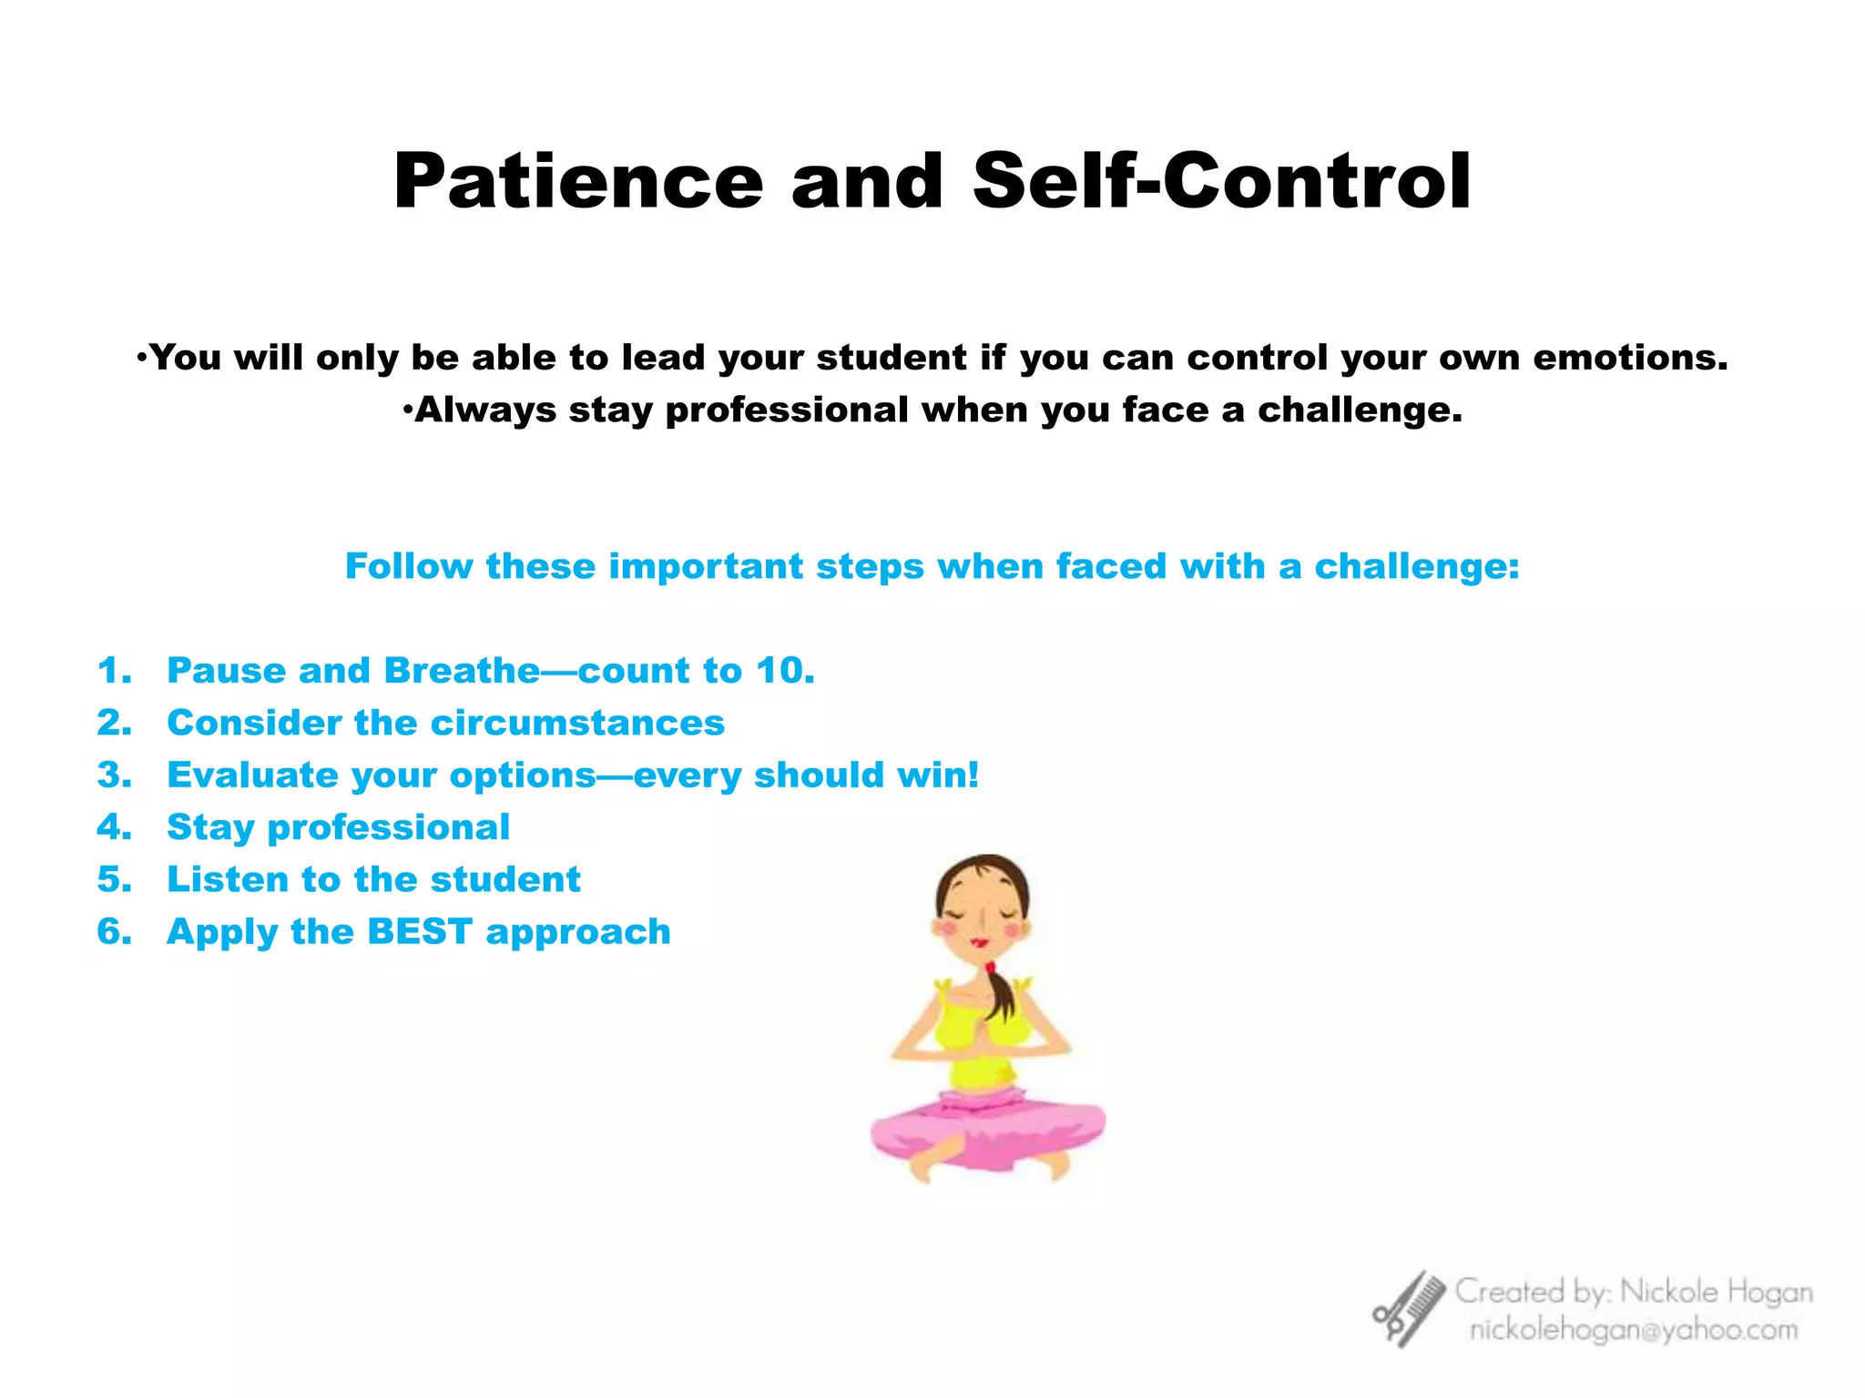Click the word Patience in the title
[577, 182]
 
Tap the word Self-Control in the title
[1221, 182]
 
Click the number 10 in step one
[781, 671]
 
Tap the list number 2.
[114, 723]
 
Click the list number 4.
[114, 827]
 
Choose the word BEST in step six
[419, 932]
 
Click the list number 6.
[114, 932]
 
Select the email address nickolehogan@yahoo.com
[1634, 1331]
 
